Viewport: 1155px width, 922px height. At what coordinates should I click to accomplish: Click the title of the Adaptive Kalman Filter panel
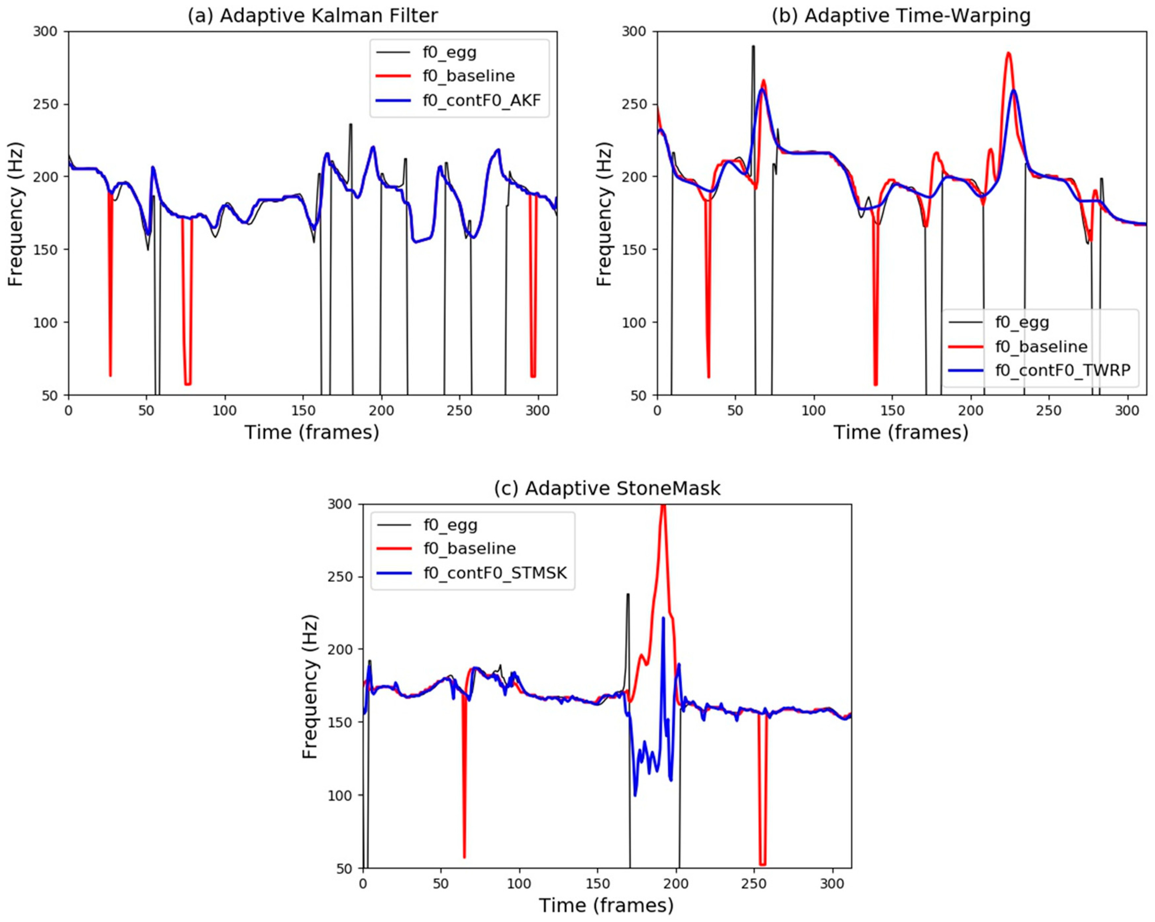click(x=312, y=16)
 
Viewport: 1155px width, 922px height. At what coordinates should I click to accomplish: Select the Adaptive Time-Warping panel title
click(x=901, y=16)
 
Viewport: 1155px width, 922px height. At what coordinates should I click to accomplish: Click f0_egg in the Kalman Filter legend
click(x=449, y=53)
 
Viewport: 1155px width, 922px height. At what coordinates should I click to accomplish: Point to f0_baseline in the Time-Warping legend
click(x=1041, y=346)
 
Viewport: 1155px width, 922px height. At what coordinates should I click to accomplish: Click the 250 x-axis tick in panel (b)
click(x=1048, y=411)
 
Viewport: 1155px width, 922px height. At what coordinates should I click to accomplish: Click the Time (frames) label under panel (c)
click(x=606, y=905)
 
